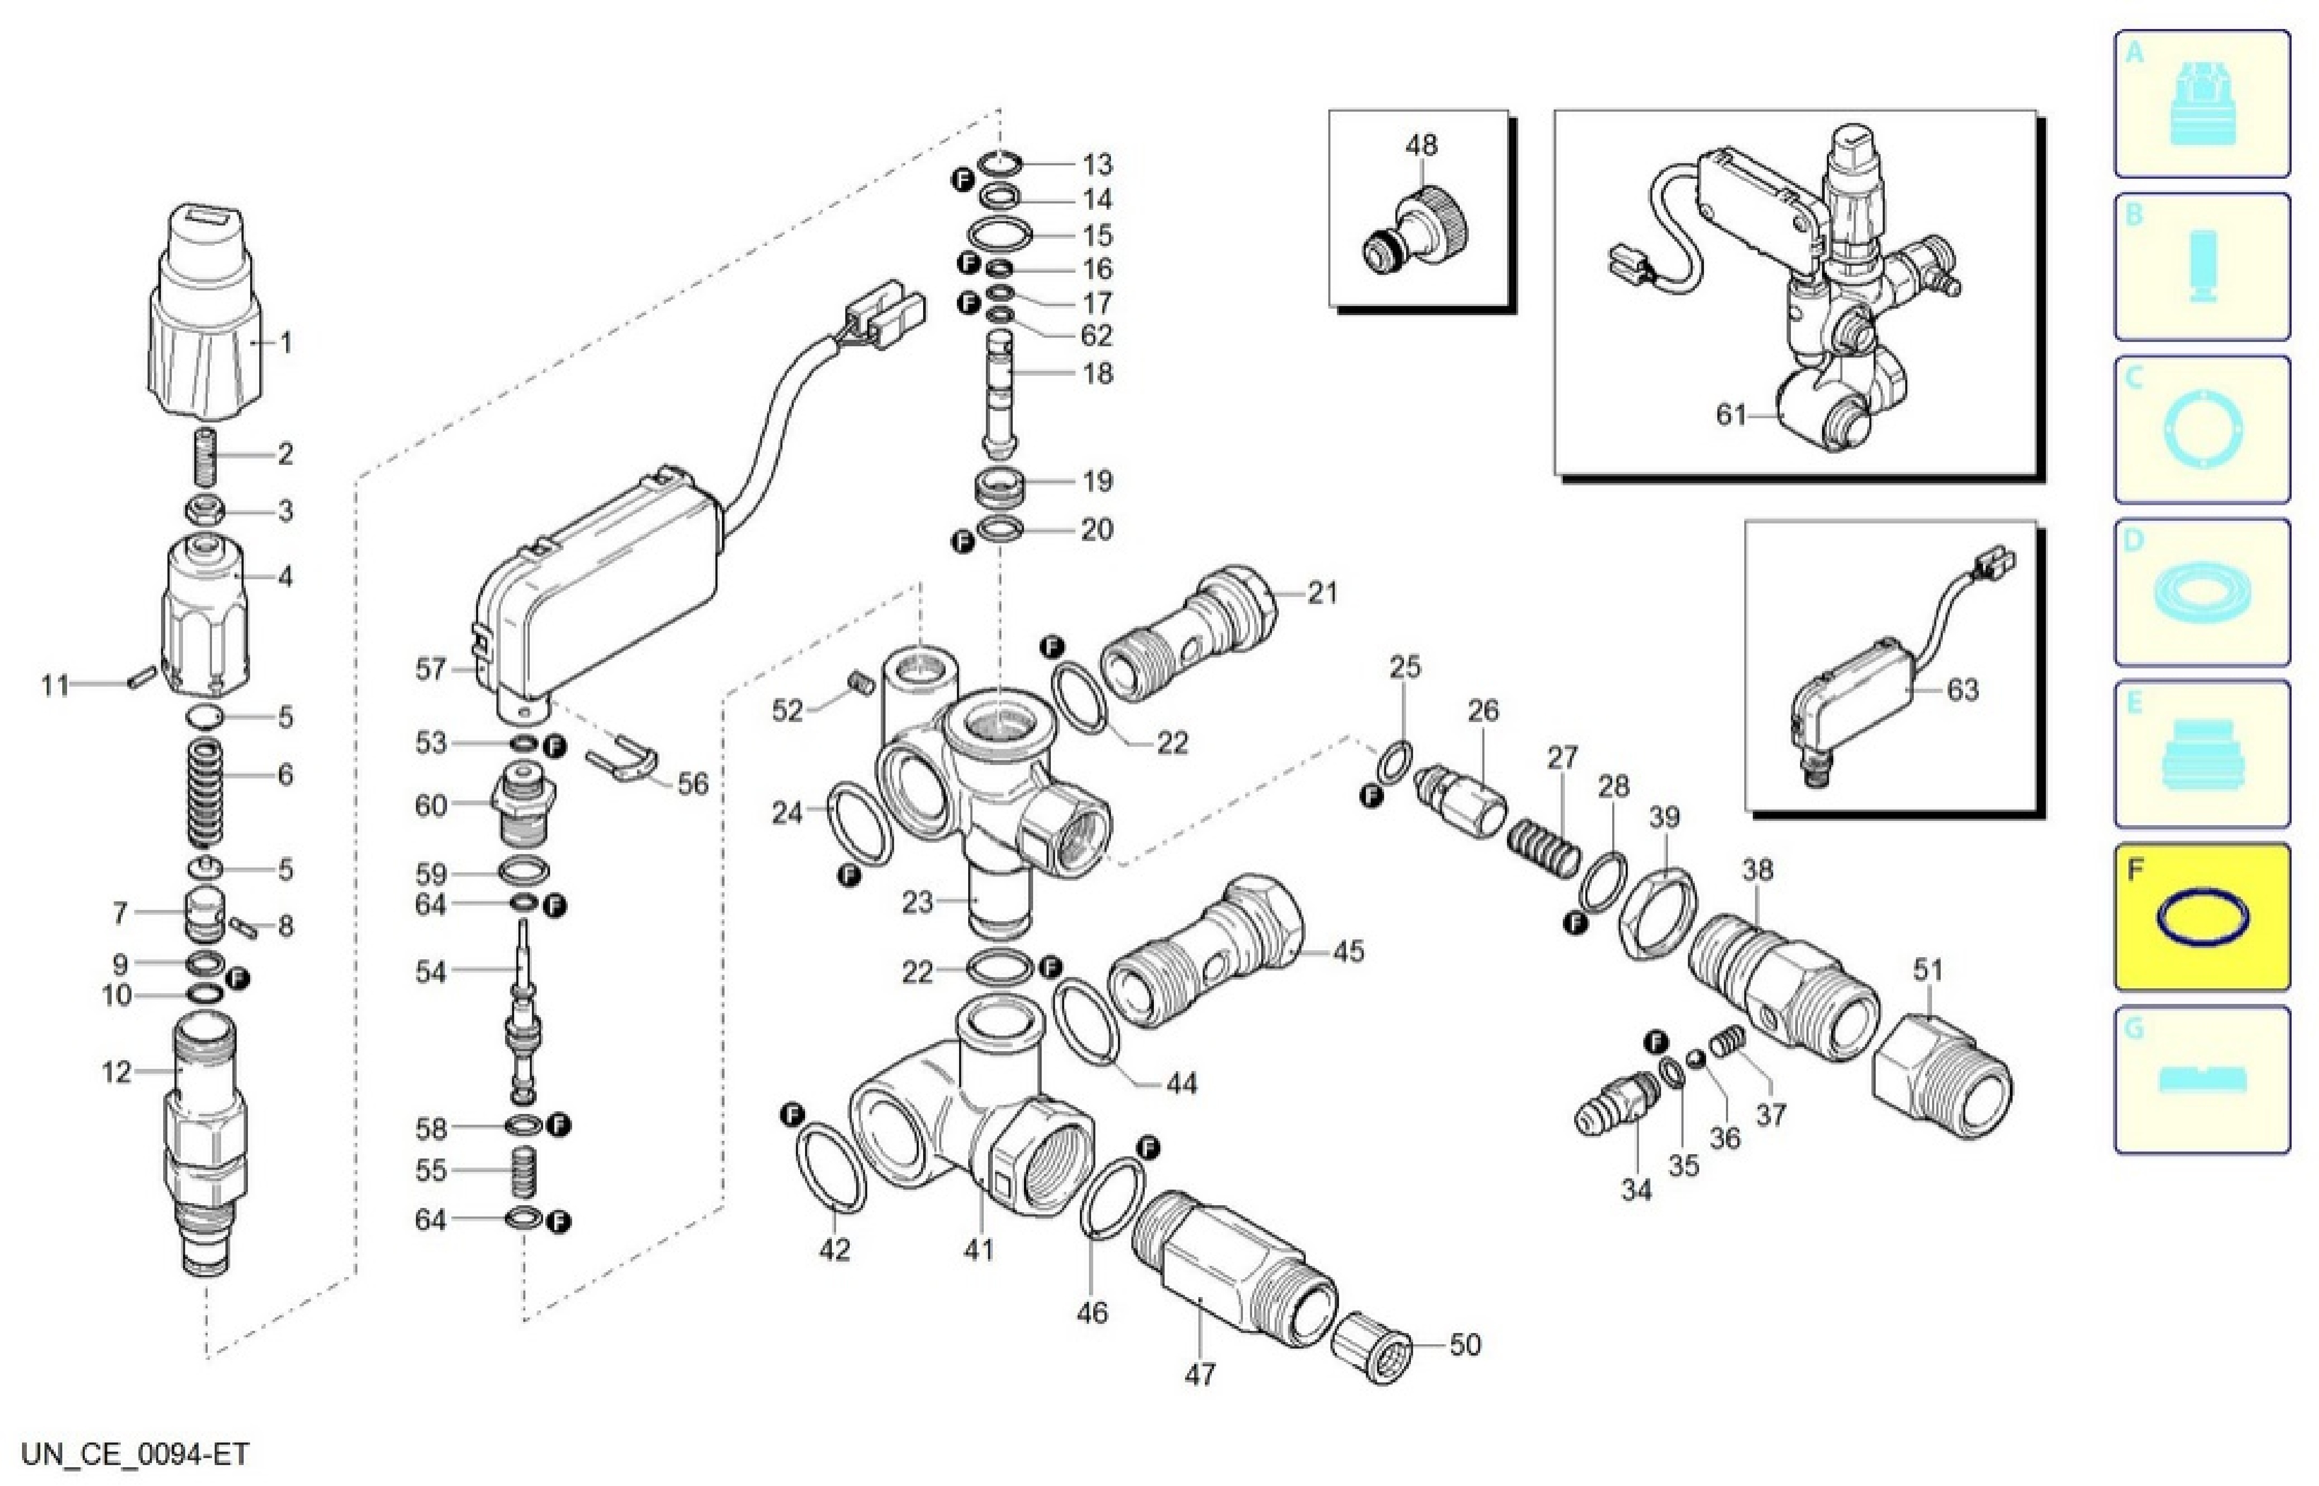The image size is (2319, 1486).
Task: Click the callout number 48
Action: (1421, 145)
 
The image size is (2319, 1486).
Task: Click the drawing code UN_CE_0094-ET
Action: (136, 1453)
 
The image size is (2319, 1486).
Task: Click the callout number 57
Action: (431, 669)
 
